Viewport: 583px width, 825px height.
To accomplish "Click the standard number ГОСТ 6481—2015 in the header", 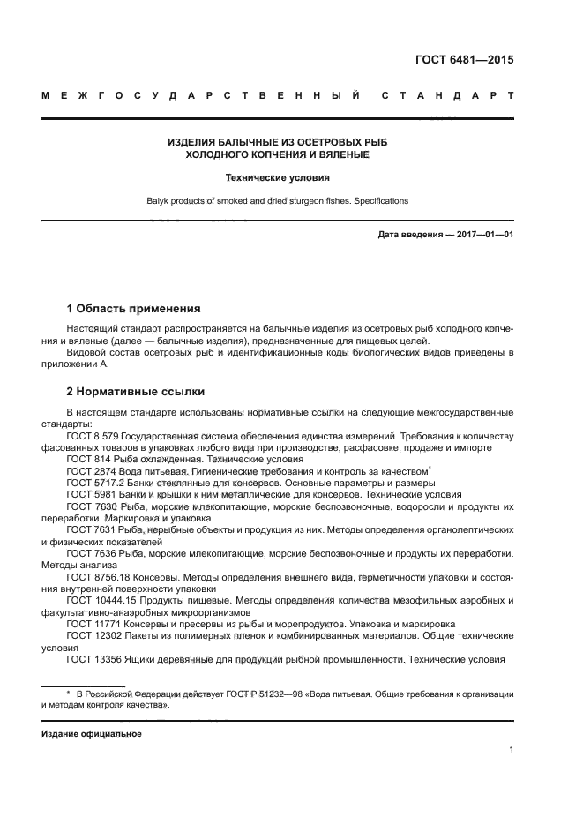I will pos(463,60).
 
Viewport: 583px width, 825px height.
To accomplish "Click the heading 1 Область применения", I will pos(134,309).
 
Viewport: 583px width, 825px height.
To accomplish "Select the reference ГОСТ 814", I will pos(86,460).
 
